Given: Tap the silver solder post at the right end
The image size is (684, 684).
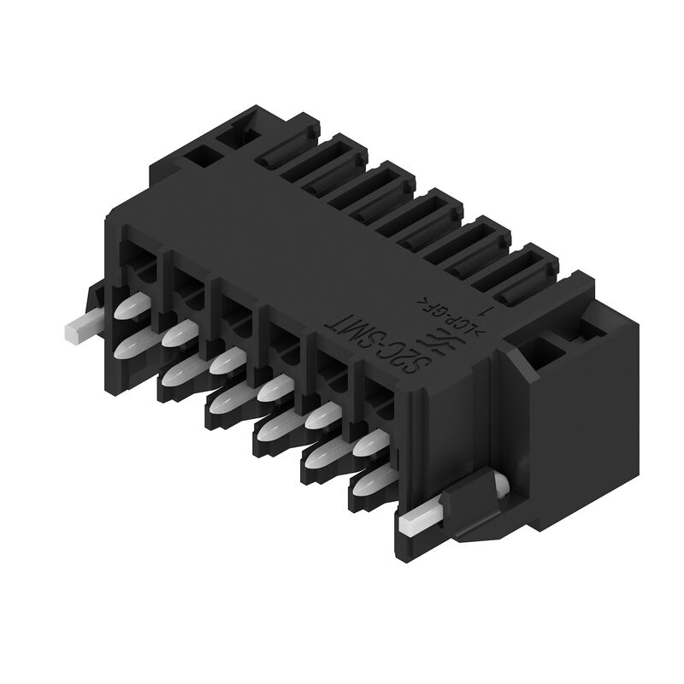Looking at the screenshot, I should coord(423,516).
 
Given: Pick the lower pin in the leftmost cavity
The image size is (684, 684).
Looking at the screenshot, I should coord(128,345).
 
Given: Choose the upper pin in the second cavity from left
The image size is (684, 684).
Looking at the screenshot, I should coord(181,333).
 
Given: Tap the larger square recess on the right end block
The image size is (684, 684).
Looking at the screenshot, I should coord(541,351).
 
